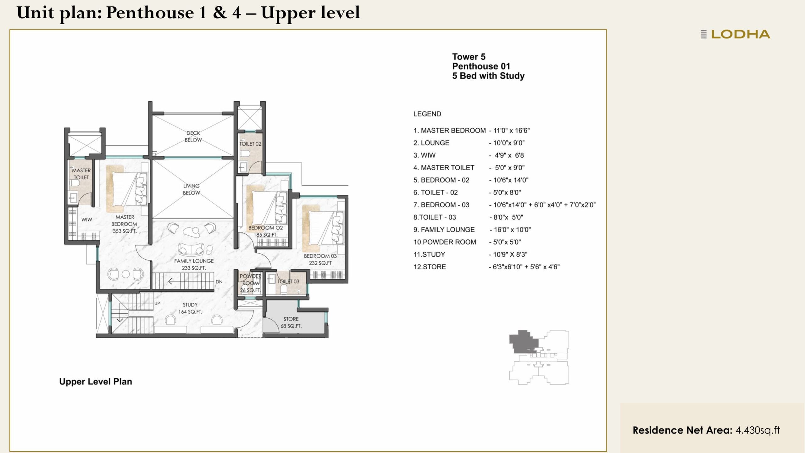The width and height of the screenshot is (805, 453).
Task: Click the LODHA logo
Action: click(736, 34)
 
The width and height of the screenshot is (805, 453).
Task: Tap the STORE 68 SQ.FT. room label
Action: click(291, 322)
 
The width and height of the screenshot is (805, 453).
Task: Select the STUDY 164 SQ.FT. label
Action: click(190, 308)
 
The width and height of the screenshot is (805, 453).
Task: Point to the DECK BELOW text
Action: click(193, 137)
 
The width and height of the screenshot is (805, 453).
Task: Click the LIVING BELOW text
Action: click(191, 189)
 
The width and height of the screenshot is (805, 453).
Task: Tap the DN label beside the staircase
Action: click(219, 282)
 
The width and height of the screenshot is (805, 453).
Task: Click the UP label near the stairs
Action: click(157, 304)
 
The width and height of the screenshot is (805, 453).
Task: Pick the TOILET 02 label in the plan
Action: click(250, 144)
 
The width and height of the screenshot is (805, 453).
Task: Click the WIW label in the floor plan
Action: click(86, 220)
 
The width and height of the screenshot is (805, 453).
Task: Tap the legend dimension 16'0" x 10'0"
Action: click(512, 230)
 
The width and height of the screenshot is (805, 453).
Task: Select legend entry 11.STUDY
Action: click(430, 254)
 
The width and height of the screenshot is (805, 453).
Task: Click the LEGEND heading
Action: click(427, 114)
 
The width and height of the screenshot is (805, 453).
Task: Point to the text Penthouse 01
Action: click(481, 66)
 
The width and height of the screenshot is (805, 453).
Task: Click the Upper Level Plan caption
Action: click(96, 382)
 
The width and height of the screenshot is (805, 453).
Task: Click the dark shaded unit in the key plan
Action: click(522, 341)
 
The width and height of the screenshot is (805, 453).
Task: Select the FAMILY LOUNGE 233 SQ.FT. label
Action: click(194, 265)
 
